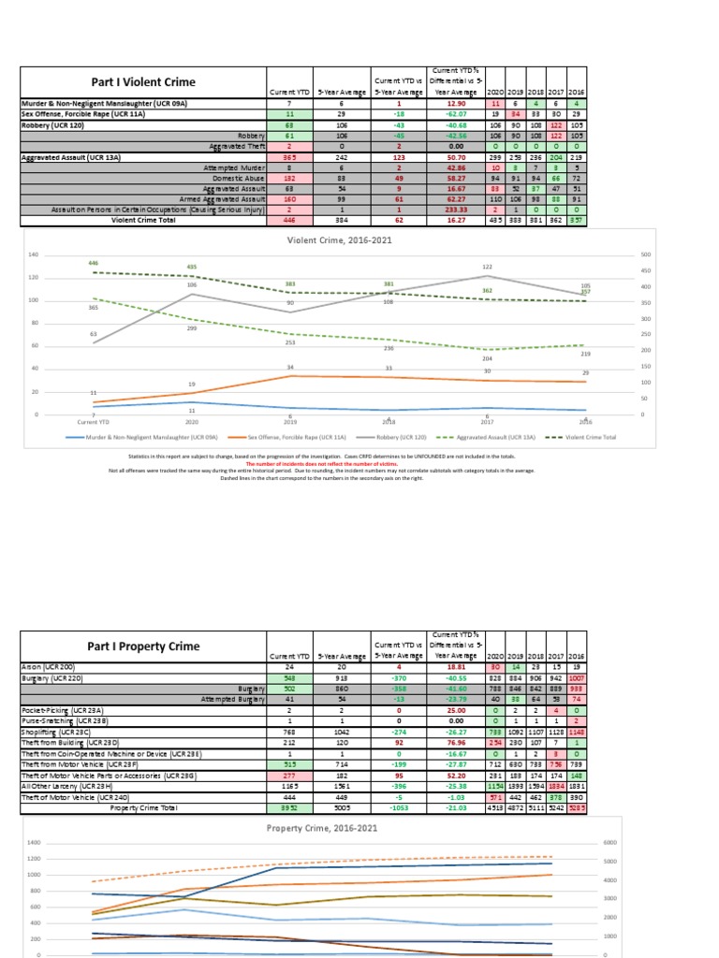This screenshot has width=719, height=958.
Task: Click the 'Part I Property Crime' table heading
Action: (144, 646)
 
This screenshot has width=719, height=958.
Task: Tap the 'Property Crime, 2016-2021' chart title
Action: (322, 828)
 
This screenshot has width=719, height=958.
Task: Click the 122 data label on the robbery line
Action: (487, 268)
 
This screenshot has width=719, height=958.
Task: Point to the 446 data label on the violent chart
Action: (93, 264)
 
